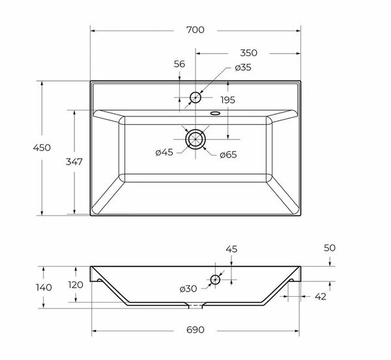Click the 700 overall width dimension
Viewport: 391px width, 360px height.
(x=195, y=30)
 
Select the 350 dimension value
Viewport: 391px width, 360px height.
(x=247, y=53)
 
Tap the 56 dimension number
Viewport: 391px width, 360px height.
(x=180, y=64)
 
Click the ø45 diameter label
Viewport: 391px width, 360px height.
(x=164, y=153)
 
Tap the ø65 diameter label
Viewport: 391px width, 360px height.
(x=227, y=154)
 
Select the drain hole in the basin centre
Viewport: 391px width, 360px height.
(x=195, y=139)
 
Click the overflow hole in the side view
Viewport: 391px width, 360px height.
(x=215, y=280)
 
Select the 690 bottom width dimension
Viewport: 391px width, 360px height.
(x=195, y=330)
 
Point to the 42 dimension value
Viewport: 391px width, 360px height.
(x=320, y=296)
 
